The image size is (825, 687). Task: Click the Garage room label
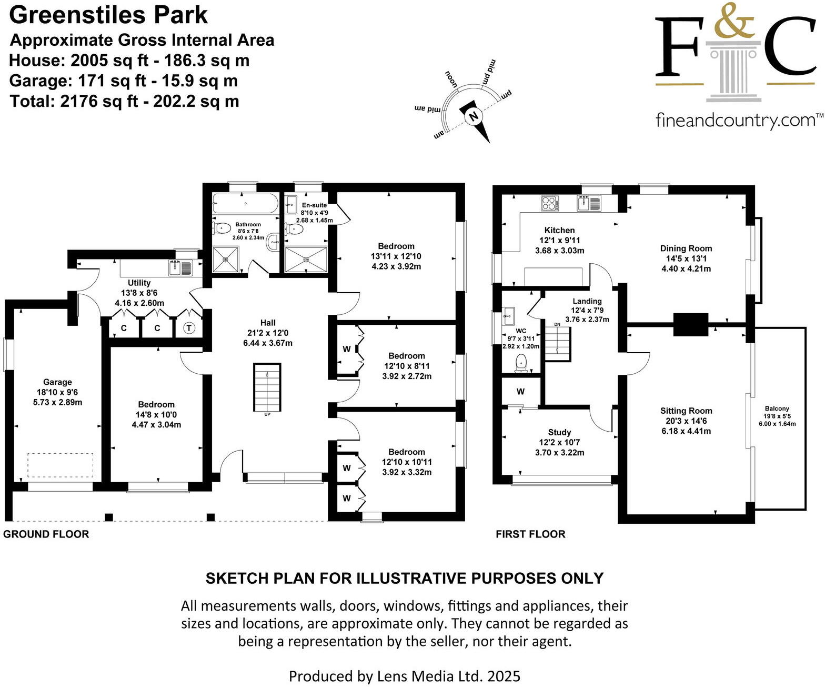(57, 382)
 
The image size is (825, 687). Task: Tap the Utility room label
(139, 283)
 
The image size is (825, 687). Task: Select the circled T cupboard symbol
(189, 328)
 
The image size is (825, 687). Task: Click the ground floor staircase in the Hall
(267, 388)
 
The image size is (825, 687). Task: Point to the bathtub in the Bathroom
(245, 204)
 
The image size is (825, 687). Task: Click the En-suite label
(314, 205)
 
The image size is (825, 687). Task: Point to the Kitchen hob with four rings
(549, 203)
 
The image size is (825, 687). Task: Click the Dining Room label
(686, 248)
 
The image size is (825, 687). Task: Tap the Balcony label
(777, 409)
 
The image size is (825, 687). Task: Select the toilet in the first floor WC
(521, 362)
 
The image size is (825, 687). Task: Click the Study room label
(559, 432)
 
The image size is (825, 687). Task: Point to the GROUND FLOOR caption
(46, 534)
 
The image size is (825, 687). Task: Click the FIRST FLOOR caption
(530, 534)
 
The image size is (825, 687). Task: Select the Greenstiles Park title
(108, 15)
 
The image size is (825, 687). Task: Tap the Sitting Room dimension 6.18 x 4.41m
(686, 431)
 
